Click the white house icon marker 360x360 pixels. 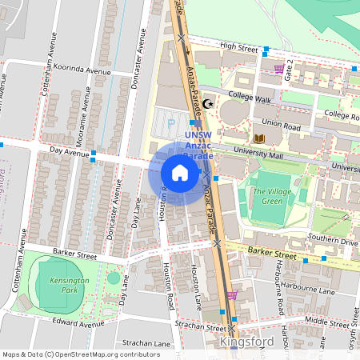coord(180,173)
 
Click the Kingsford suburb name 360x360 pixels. coord(246,342)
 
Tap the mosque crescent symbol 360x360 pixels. coord(209,103)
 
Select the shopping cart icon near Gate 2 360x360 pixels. coord(278,69)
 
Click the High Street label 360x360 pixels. coord(238,49)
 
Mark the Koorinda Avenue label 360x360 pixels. coord(81,70)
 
